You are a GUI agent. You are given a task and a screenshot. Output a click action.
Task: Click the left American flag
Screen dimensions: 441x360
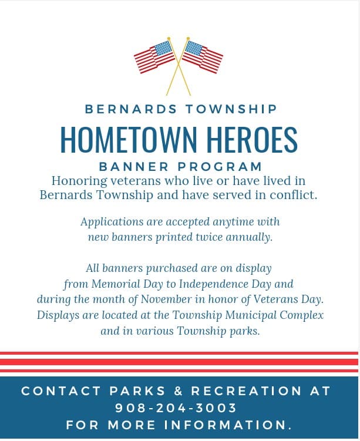[x=154, y=56]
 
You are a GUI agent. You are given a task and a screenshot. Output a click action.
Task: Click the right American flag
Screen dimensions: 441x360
[x=203, y=56]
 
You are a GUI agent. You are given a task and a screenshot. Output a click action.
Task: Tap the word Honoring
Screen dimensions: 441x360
[x=78, y=181]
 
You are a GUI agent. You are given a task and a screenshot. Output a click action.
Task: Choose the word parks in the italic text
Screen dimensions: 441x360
[x=244, y=331]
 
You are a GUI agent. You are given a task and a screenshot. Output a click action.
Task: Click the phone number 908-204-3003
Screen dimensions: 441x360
[x=176, y=408]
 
